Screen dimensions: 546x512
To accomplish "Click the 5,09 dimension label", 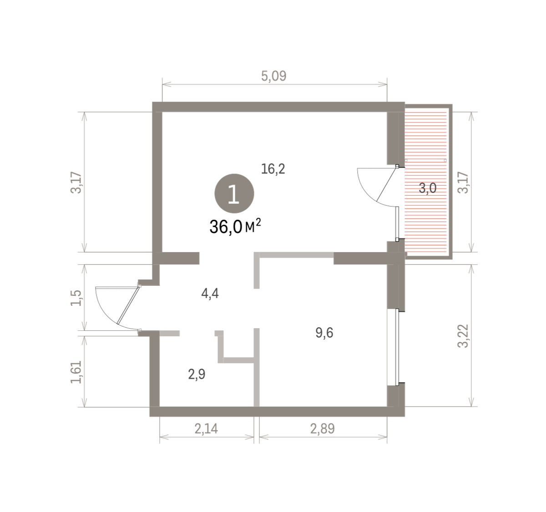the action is pyautogui.click(x=273, y=76).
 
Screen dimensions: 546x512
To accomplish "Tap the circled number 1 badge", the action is pyautogui.click(x=234, y=194).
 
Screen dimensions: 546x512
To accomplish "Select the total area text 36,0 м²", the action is pyautogui.click(x=235, y=227).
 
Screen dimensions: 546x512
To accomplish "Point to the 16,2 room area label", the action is pyautogui.click(x=273, y=169).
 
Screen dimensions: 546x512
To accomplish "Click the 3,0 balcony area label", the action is pyautogui.click(x=428, y=188).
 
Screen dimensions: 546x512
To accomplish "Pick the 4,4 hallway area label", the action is pyautogui.click(x=210, y=294).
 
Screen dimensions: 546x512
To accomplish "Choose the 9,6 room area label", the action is pyautogui.click(x=324, y=333).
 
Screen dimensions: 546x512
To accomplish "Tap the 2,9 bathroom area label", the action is pyautogui.click(x=197, y=374).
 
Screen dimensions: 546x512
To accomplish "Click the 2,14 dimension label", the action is pyautogui.click(x=206, y=429).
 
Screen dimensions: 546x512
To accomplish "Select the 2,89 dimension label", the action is pyautogui.click(x=323, y=429).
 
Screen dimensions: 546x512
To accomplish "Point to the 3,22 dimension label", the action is pyautogui.click(x=463, y=336).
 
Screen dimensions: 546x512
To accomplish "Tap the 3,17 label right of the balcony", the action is pyautogui.click(x=463, y=182).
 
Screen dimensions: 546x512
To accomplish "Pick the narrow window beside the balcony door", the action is pyautogui.click(x=397, y=223).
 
